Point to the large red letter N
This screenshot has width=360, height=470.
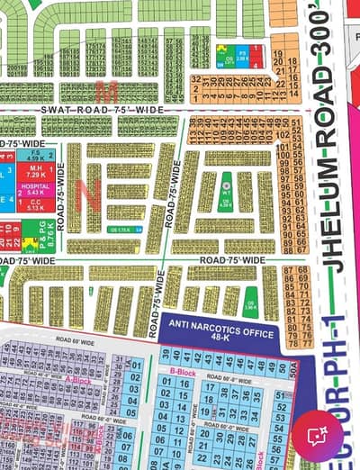(88, 190)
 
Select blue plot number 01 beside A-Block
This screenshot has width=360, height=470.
(136, 365)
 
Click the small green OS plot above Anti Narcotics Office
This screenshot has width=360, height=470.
(249, 304)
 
